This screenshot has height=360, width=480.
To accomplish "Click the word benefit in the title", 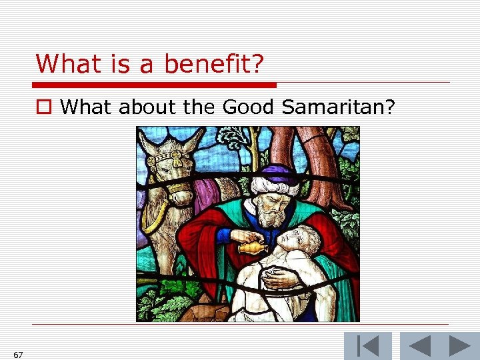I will pos(215,64).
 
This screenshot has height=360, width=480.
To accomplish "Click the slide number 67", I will pos(18,355).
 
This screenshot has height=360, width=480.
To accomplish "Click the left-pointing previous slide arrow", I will pos(420,346).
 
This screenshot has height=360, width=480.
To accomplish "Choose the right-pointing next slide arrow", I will pos(459,346).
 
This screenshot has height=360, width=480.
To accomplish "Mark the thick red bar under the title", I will pos(153,85).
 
